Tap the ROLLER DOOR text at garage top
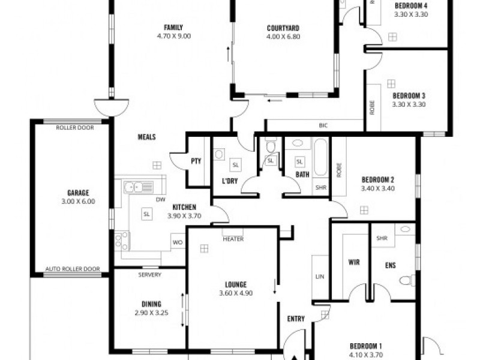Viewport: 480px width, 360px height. (74, 128)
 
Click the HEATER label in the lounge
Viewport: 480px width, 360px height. (233, 239)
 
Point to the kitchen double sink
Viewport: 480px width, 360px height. (136, 187)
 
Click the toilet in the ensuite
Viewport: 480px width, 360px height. (407, 280)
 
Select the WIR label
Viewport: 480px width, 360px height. (353, 262)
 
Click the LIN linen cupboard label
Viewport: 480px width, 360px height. (319, 277)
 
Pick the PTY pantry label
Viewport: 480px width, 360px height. (196, 161)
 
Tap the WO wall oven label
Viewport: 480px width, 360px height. (177, 242)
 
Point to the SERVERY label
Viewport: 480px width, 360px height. (149, 275)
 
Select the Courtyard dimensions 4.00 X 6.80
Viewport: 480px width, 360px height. (283, 37)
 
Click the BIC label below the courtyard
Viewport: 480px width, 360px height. (323, 126)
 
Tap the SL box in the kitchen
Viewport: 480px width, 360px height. (146, 214)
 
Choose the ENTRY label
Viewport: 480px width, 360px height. (296, 319)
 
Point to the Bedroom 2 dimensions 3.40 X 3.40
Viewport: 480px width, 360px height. (377, 188)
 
